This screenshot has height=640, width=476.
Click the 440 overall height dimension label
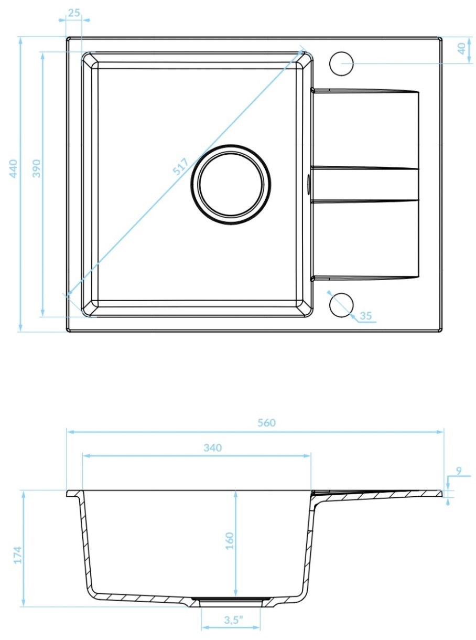click(x=13, y=168)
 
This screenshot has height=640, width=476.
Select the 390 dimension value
click(x=36, y=168)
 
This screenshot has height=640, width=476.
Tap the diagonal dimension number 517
click(x=180, y=166)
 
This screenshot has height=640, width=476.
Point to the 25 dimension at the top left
click(x=74, y=13)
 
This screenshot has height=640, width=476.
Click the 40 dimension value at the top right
click(x=462, y=48)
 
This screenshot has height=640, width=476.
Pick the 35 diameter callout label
click(x=366, y=316)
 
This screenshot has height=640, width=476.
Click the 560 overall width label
click(x=266, y=423)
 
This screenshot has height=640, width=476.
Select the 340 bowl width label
click(x=213, y=448)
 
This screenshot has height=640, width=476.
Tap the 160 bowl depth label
click(x=229, y=541)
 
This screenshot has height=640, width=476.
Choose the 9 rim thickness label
click(x=459, y=471)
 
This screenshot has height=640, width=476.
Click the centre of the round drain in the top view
click(x=231, y=185)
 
